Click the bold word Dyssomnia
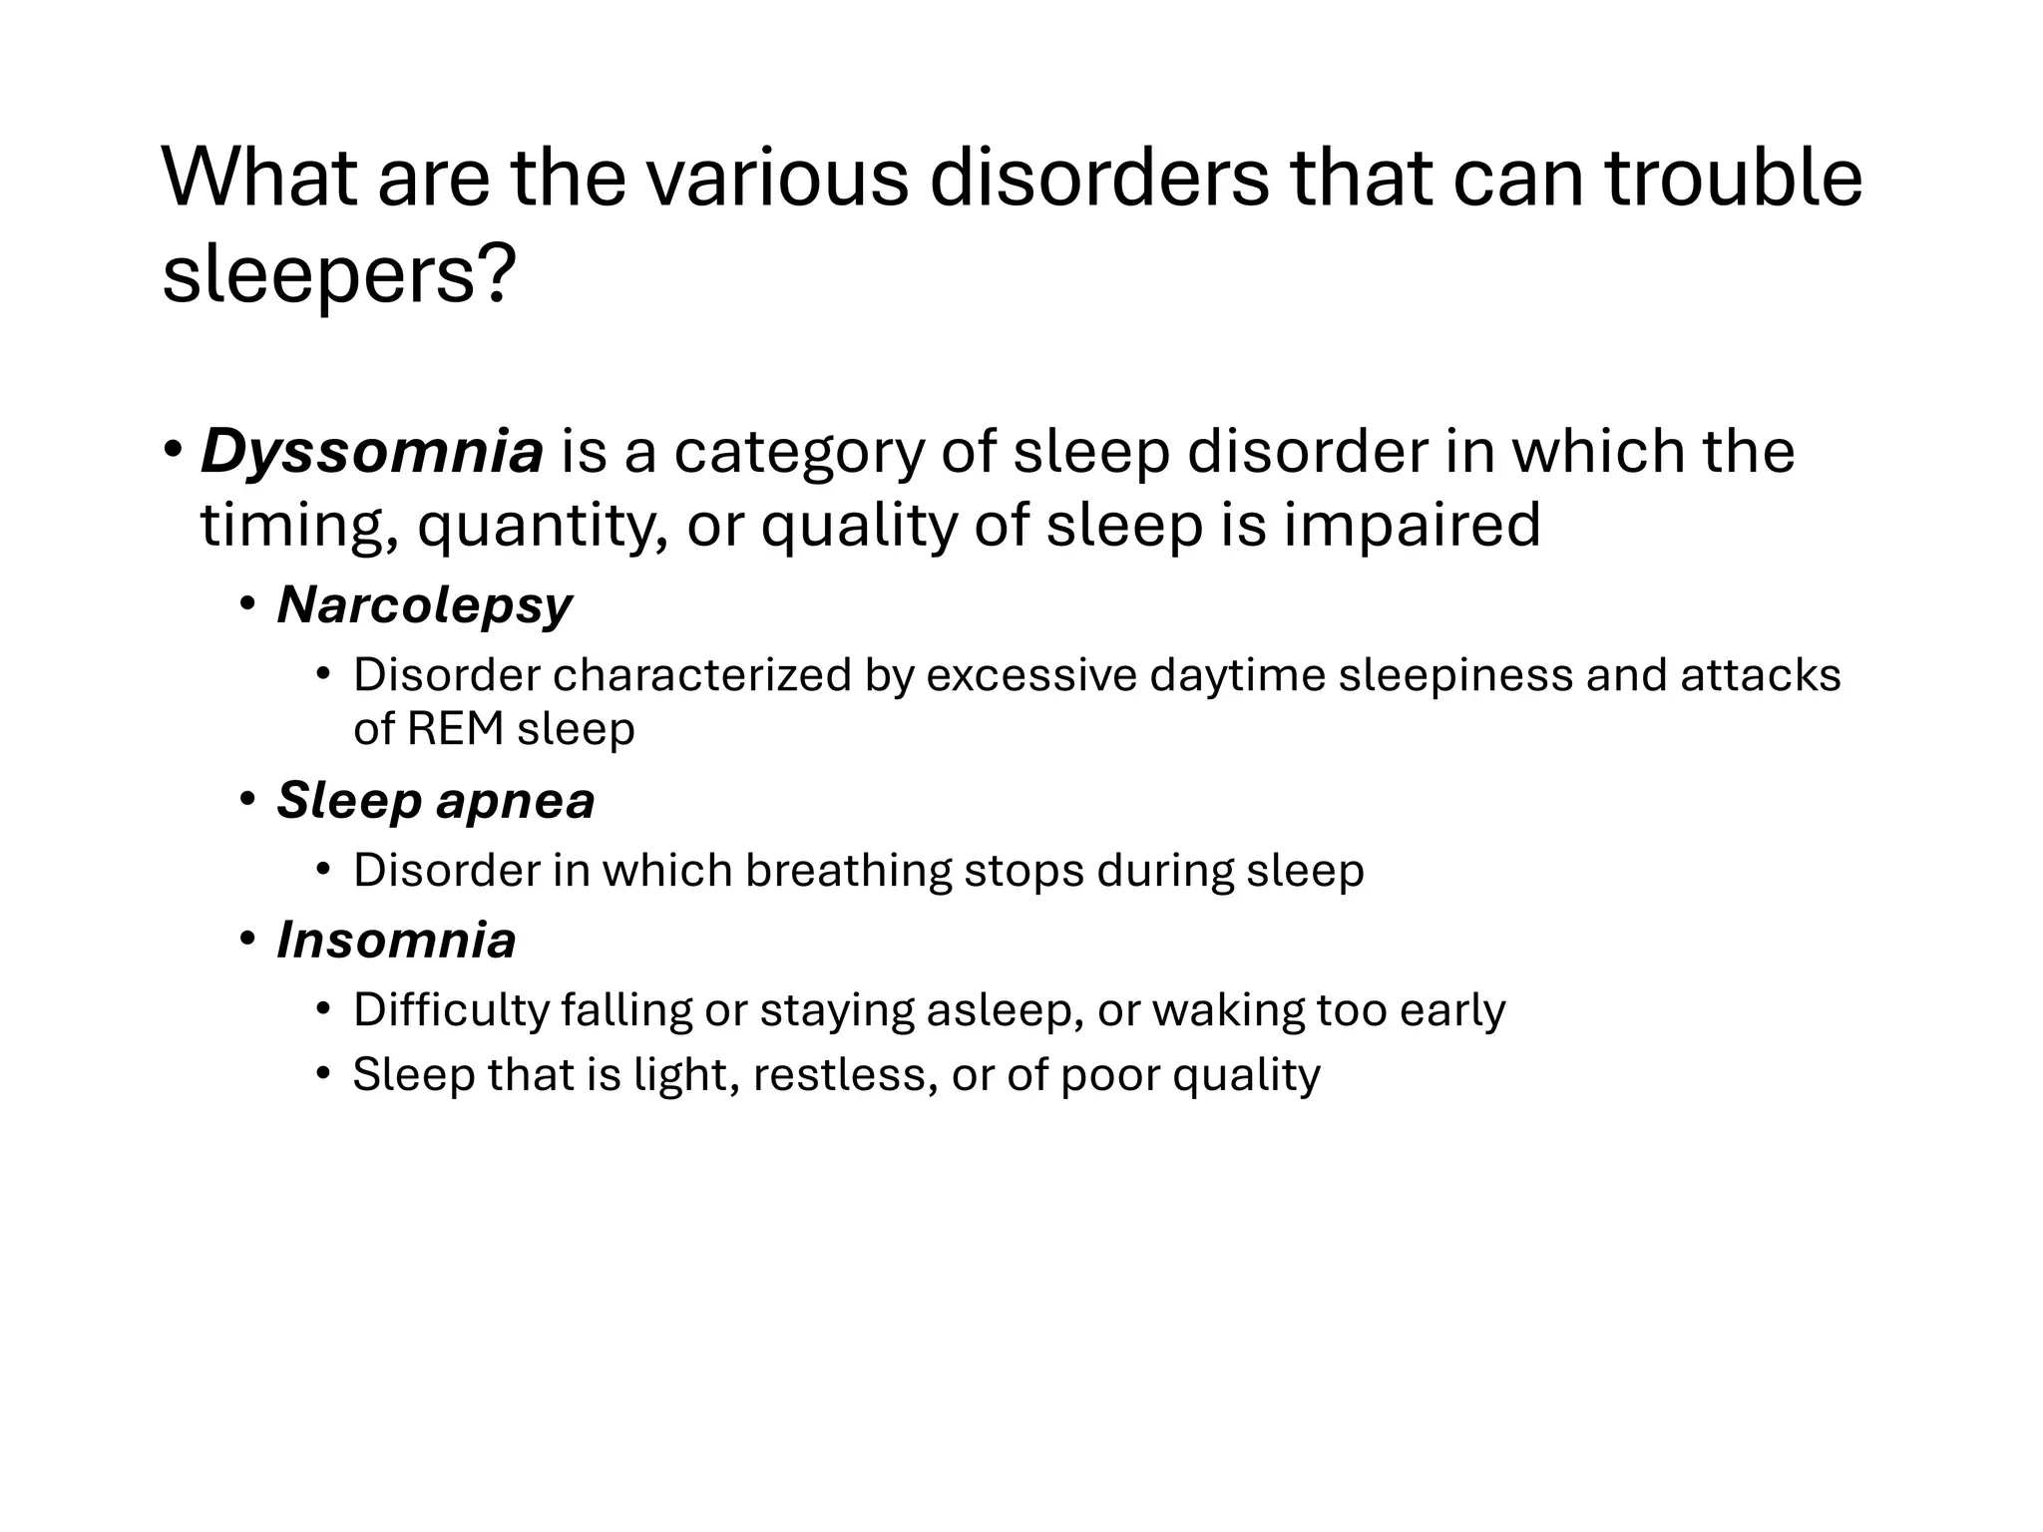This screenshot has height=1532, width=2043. pyautogui.click(x=372, y=452)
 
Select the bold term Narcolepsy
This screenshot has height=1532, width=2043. pyautogui.click(x=425, y=604)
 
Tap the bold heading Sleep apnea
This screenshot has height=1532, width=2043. pyautogui.click(x=435, y=800)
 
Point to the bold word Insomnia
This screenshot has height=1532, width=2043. pyautogui.click(x=396, y=940)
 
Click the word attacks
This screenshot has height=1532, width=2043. pyautogui.click(x=1761, y=675)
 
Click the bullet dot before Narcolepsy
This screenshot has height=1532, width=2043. pyautogui.click(x=248, y=603)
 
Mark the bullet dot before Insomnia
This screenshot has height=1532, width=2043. pyautogui.click(x=248, y=939)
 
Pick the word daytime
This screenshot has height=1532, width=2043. pyautogui.click(x=1237, y=675)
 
